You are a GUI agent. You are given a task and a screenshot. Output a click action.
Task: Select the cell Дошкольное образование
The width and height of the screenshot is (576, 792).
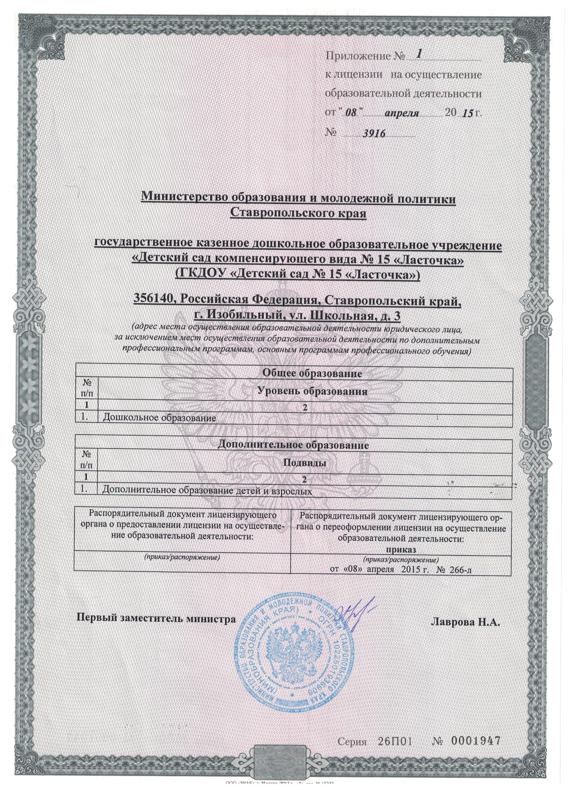tap(158, 417)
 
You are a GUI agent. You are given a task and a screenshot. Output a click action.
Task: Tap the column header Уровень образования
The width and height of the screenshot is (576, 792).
tap(312, 391)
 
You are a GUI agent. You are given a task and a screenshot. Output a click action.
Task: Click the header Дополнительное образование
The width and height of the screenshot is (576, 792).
tap(293, 445)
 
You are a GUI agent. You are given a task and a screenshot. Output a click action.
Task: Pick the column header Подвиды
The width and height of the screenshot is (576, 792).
tap(304, 463)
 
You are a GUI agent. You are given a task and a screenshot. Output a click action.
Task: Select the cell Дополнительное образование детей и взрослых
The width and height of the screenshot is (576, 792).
tap(206, 491)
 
